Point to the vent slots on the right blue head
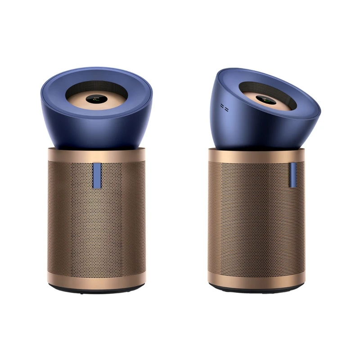click(224, 108)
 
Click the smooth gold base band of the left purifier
click(96, 281)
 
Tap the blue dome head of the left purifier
click(97, 130)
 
